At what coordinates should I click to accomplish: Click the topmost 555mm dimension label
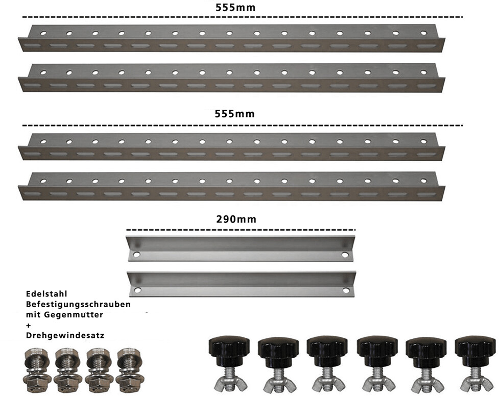coord(235,8)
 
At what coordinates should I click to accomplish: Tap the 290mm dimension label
coord(235,220)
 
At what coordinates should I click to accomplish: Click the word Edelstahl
coord(46,294)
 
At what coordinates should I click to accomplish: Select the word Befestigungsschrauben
coord(78,305)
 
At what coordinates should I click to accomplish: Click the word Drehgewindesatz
coord(65,336)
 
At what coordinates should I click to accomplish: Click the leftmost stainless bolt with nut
coord(37,368)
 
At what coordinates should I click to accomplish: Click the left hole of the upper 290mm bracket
coord(136,254)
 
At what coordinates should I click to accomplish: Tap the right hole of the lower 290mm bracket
coord(346,291)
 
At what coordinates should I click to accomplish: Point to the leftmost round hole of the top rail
coord(42,33)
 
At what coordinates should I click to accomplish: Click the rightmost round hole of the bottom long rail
coord(423,181)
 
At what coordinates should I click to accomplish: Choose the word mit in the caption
coord(33,315)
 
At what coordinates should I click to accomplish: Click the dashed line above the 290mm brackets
coord(240,231)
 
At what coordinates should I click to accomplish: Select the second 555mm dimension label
coord(235,114)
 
